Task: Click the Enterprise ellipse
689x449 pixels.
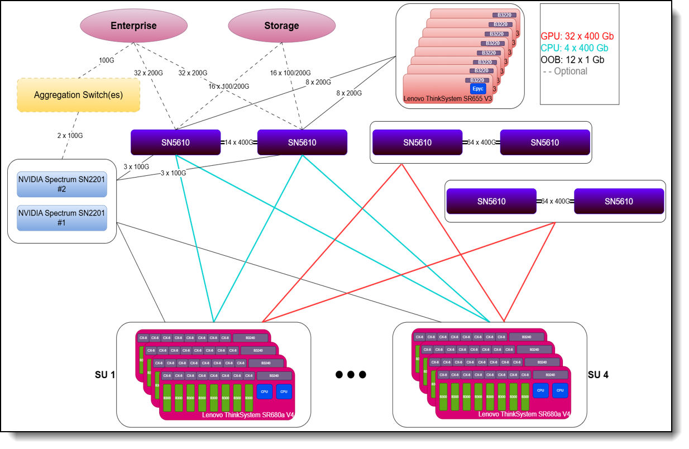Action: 133,26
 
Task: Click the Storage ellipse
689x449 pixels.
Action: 281,26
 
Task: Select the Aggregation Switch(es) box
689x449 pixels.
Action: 78,95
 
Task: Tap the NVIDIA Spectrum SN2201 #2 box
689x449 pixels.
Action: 61,184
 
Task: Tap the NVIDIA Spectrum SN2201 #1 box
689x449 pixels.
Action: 61,218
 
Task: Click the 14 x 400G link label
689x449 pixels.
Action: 239,142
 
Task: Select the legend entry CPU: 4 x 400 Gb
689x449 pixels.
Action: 575,47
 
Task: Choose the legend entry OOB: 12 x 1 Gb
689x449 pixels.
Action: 572,59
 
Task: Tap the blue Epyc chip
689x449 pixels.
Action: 478,88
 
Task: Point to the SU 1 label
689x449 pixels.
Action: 105,375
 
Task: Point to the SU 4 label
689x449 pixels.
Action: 598,375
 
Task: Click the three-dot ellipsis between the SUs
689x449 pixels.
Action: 350,375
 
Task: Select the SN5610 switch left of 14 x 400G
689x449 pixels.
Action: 175,142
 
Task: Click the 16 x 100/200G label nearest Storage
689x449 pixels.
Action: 290,73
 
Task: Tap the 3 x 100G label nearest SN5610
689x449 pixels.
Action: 136,166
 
